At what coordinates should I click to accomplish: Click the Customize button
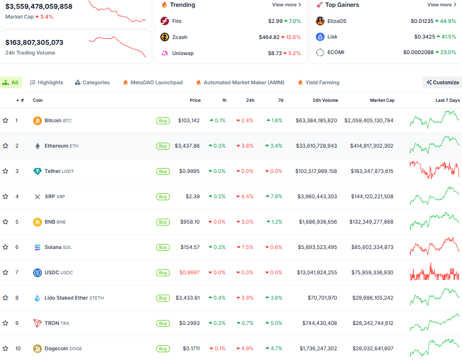443,82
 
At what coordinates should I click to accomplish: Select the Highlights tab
47,82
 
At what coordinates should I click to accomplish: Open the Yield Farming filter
319,82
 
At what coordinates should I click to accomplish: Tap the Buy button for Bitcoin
163,120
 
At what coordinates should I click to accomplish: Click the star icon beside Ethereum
5,146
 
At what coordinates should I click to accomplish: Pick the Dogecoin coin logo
37,348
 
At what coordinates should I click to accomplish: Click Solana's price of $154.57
190,247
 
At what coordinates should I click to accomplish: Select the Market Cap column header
382,100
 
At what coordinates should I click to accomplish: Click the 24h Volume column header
325,100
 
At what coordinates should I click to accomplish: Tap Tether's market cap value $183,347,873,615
372,171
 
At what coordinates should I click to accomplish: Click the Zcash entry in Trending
179,37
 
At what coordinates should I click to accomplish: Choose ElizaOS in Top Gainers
337,21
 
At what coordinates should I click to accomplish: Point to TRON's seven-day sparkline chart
434,322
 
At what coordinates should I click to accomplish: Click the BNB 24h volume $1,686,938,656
318,222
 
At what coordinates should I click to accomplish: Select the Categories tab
92,82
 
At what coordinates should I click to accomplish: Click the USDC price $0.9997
190,272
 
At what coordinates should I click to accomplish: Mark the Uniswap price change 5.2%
292,53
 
